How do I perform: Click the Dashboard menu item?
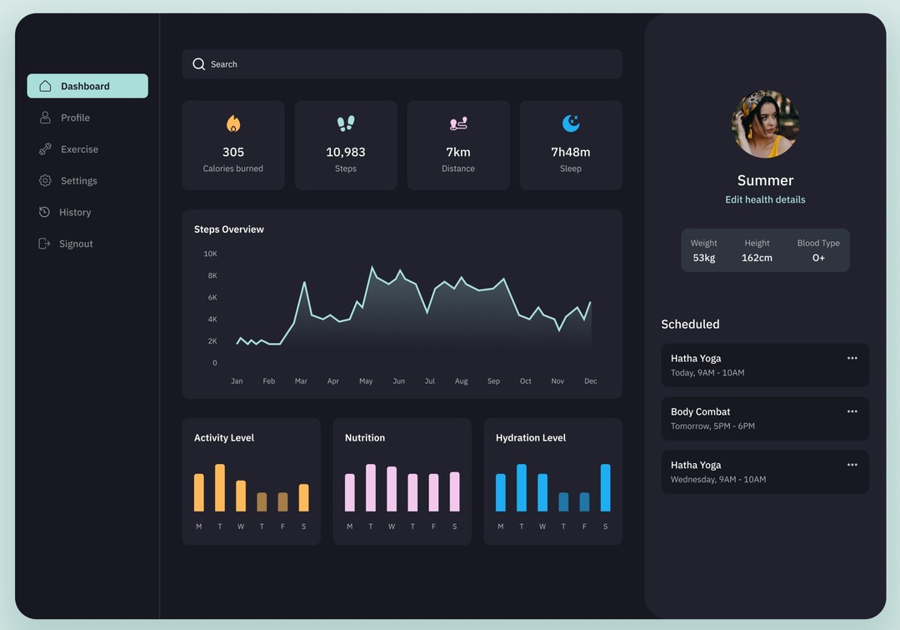[87, 86]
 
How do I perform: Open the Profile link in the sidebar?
[74, 118]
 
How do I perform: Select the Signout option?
[75, 244]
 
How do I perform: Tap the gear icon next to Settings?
[45, 181]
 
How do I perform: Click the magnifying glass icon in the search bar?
[198, 64]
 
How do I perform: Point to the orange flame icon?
[233, 123]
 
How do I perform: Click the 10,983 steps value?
[345, 152]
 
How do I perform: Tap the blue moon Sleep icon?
[571, 123]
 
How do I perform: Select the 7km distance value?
[458, 152]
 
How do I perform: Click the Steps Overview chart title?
[229, 229]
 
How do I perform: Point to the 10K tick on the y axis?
[210, 254]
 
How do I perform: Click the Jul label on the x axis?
[430, 381]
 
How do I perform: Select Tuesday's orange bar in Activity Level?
[220, 487]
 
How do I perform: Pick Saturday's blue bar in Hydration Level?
[605, 487]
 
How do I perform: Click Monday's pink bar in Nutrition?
[349, 492]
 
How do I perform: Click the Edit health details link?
[765, 199]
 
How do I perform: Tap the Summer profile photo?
[765, 124]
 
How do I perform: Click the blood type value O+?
[818, 258]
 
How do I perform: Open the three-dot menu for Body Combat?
[852, 411]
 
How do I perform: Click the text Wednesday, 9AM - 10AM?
[718, 480]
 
